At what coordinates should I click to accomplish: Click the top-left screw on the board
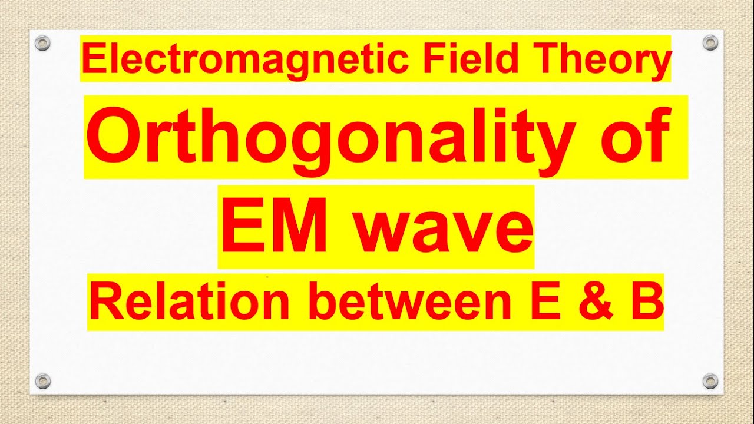(x=42, y=42)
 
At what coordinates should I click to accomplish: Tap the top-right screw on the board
(x=711, y=42)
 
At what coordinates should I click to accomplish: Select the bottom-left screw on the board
(x=42, y=380)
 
